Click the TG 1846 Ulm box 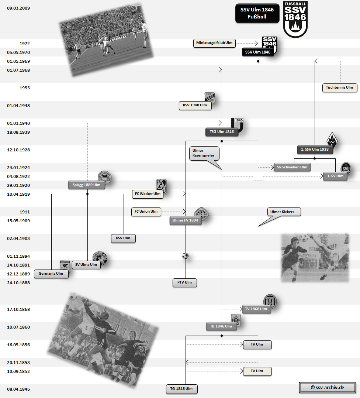click(181, 389)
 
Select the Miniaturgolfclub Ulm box click(214, 43)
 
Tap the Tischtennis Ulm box click(339, 88)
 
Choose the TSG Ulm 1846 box click(222, 132)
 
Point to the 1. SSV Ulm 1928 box click(315, 150)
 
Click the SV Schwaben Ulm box click(292, 167)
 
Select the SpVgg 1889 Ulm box click(87, 185)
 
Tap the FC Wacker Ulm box click(148, 194)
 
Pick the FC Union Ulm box click(146, 212)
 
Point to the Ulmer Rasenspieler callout click(204, 153)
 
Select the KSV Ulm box click(123, 239)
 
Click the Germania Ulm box click(51, 274)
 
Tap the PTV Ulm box click(185, 283)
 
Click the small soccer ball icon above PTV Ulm click(185, 256)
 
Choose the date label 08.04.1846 click(18, 389)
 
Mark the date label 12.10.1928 click(18, 150)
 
